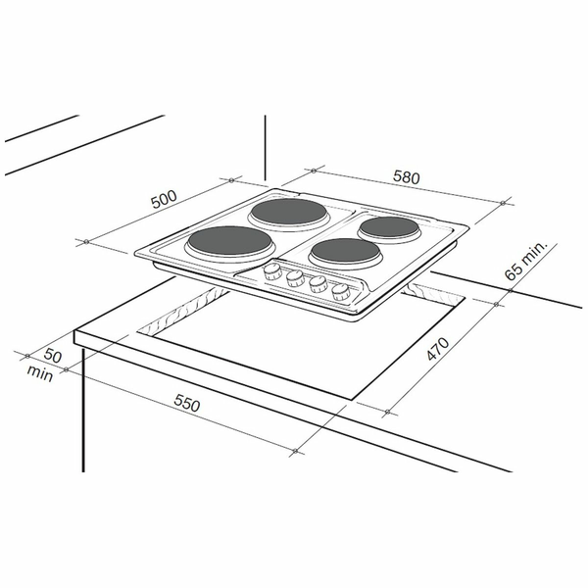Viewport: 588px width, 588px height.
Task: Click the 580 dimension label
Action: pyautogui.click(x=406, y=177)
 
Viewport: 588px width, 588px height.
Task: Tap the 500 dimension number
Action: pyautogui.click(x=164, y=199)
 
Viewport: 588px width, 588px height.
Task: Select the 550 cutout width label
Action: pyautogui.click(x=187, y=404)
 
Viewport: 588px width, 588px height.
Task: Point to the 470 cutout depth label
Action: pyautogui.click(x=437, y=349)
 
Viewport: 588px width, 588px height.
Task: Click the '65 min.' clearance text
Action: pyautogui.click(x=526, y=261)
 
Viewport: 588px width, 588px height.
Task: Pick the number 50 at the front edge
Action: pyautogui.click(x=53, y=355)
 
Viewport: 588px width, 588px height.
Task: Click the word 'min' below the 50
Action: pyautogui.click(x=40, y=373)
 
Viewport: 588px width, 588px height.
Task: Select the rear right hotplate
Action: pyautogui.click(x=388, y=227)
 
